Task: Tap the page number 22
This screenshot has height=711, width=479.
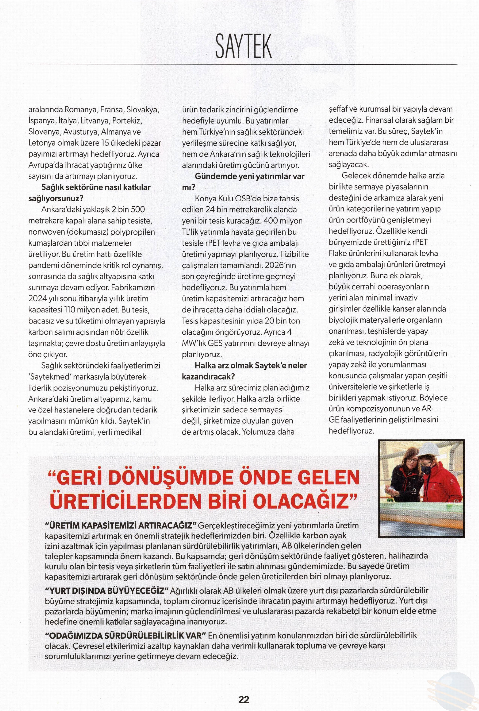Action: tap(244, 691)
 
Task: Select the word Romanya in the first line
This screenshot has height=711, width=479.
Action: tap(80, 109)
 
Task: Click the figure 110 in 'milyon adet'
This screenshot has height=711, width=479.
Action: tap(71, 310)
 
